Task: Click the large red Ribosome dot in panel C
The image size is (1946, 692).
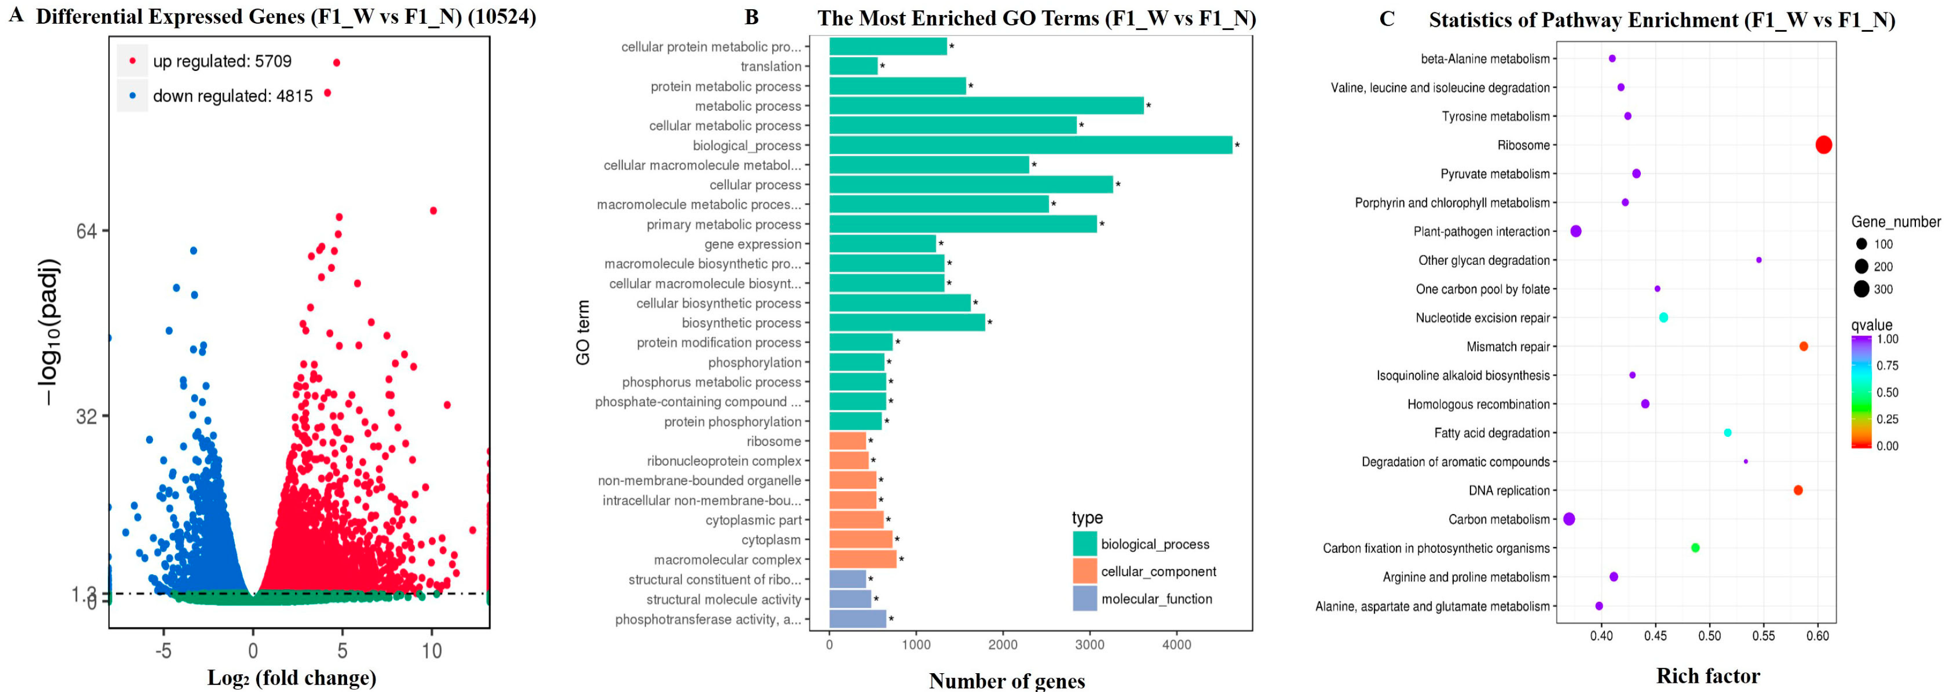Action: pyautogui.click(x=1823, y=145)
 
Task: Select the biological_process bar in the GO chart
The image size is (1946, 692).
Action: pyautogui.click(x=1030, y=145)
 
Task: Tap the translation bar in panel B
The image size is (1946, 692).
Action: pyautogui.click(x=854, y=67)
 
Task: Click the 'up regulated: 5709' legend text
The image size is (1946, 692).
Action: pyautogui.click(x=222, y=61)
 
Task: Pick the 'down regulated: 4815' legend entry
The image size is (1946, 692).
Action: pyautogui.click(x=232, y=96)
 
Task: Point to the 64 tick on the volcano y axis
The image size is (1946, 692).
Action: pyautogui.click(x=87, y=230)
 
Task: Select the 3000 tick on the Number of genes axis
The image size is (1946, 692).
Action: pyautogui.click(x=1090, y=644)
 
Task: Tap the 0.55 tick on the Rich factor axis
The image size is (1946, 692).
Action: pyautogui.click(x=1763, y=636)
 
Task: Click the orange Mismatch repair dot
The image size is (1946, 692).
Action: pyautogui.click(x=1803, y=347)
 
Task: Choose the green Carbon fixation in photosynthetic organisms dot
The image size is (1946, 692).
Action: pyautogui.click(x=1695, y=547)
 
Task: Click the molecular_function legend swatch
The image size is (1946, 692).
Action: pyautogui.click(x=1085, y=599)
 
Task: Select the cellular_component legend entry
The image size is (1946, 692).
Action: pyautogui.click(x=1157, y=572)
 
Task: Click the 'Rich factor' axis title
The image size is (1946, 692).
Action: pyautogui.click(x=1708, y=676)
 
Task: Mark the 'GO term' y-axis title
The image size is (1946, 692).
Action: pyautogui.click(x=583, y=333)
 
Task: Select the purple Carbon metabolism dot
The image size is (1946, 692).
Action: pyautogui.click(x=1569, y=519)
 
